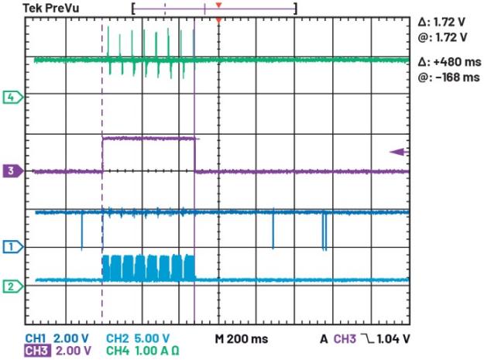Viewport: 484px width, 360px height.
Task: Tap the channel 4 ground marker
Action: [x=12, y=98]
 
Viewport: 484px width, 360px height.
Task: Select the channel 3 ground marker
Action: [x=12, y=170]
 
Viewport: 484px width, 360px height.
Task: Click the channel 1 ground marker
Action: [x=12, y=247]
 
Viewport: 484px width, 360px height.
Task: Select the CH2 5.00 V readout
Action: [x=137, y=338]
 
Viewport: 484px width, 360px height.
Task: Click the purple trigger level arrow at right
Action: [x=398, y=152]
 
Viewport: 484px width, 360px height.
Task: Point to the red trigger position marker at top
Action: [x=219, y=18]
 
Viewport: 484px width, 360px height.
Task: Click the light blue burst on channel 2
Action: [x=148, y=267]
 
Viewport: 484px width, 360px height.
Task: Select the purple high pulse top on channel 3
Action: [x=149, y=138]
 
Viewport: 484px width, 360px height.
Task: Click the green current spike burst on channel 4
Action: [x=147, y=54]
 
